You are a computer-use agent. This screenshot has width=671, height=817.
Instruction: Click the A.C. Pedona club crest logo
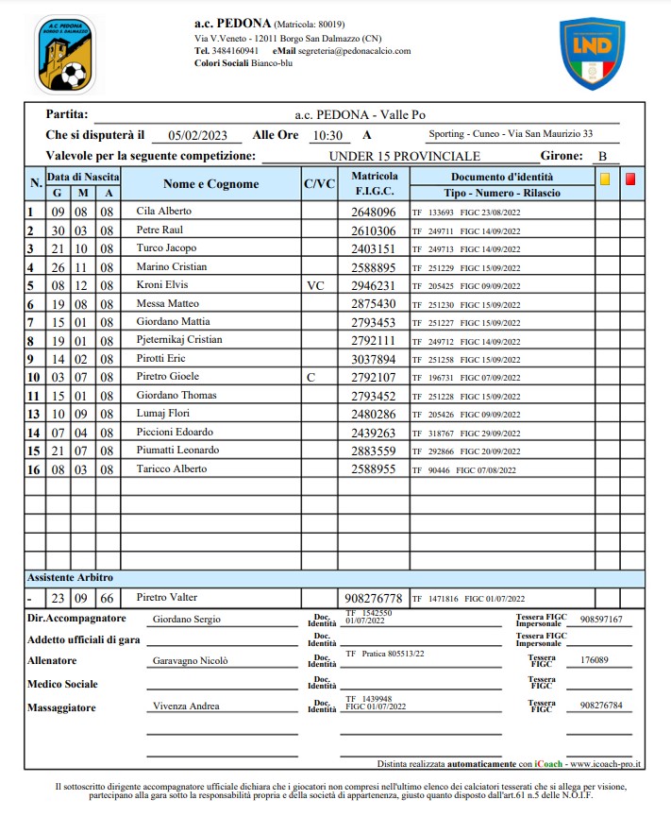64,54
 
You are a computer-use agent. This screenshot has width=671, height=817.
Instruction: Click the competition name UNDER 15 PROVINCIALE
405,156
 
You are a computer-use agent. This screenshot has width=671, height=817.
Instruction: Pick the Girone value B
602,157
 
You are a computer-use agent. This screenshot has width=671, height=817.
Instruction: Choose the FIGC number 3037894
373,359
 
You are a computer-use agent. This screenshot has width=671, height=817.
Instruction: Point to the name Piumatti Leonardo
176,451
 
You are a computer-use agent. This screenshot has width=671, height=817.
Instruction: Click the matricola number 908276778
373,598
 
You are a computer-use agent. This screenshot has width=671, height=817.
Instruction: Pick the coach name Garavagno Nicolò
191,661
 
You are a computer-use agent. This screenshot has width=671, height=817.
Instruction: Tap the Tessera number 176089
595,660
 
